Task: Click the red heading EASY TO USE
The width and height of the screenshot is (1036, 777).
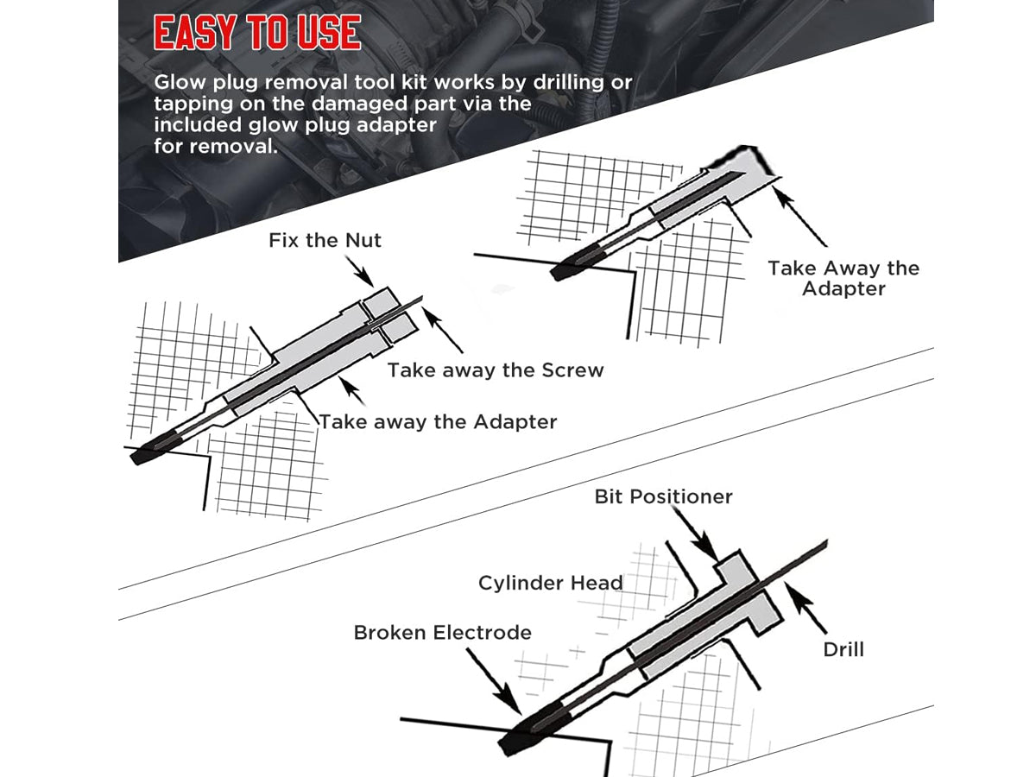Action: (x=257, y=33)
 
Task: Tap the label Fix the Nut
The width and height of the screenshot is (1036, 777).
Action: (x=325, y=241)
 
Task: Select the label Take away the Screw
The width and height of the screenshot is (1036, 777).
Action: (x=496, y=370)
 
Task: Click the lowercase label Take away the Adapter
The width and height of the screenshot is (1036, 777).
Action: (x=439, y=422)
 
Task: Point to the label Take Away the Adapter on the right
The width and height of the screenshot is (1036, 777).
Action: (x=843, y=278)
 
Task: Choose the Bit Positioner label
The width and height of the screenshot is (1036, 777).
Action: (x=663, y=496)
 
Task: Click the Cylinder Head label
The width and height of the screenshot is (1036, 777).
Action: (x=550, y=583)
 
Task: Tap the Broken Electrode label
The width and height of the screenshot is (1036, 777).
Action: (x=442, y=633)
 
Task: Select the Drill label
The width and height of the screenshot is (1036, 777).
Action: (x=843, y=650)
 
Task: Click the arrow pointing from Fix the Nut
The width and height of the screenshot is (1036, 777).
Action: (x=359, y=272)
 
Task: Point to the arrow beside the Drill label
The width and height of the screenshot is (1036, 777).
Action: (x=805, y=609)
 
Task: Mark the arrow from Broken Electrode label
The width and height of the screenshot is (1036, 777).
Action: (x=494, y=681)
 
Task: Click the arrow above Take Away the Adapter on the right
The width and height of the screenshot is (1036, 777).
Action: (x=799, y=216)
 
